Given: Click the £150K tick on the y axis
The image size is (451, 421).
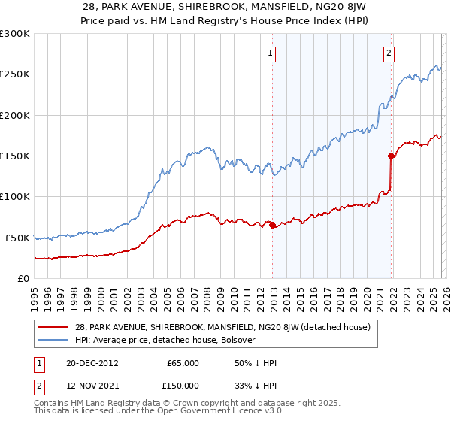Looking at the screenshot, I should coord(14,156).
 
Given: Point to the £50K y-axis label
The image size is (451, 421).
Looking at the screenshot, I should coord(17,238).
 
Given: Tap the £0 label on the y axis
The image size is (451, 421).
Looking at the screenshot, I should coord(23,279).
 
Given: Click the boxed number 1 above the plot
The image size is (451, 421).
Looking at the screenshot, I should coord(270,53).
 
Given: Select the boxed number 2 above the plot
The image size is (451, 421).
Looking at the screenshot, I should coord(389,53).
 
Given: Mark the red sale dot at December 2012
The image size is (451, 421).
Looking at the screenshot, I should coord(273,226).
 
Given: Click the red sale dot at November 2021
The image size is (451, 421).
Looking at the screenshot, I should coord(391,156).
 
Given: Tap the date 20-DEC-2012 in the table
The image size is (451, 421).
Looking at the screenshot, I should coord(90,363).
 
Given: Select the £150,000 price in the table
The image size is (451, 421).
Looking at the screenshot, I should coord(183,385).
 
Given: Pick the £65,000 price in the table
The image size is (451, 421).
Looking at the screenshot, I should coord(183,363).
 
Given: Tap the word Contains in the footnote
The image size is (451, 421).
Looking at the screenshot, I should coord(53,404).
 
